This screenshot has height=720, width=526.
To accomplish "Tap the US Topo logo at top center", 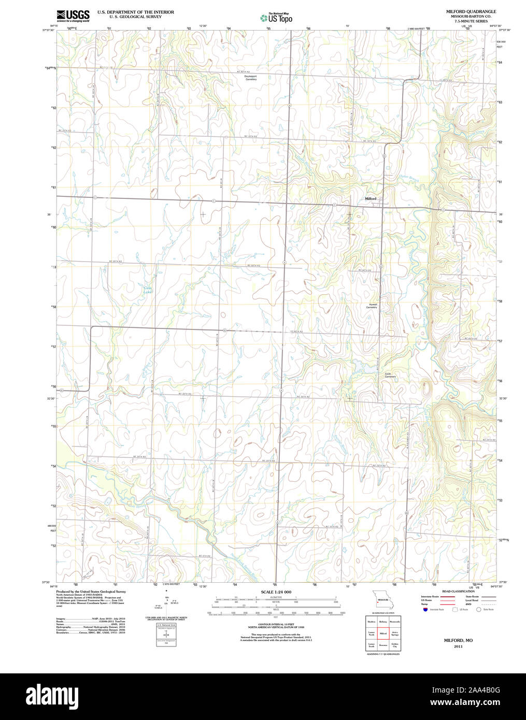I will (x=276, y=18).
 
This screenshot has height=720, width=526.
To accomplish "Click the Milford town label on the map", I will (x=371, y=199).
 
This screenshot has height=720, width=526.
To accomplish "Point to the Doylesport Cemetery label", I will (x=251, y=78).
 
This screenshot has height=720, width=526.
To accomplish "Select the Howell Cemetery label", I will (x=372, y=306).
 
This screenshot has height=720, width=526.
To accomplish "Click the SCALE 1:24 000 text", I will (x=276, y=592).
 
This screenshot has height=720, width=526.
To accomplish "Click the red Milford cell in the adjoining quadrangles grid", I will (x=383, y=633).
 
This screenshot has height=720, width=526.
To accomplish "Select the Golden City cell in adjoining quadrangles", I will (x=395, y=645).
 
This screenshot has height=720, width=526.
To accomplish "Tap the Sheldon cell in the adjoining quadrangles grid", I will (x=371, y=622).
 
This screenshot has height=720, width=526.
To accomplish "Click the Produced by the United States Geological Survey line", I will (x=91, y=591).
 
